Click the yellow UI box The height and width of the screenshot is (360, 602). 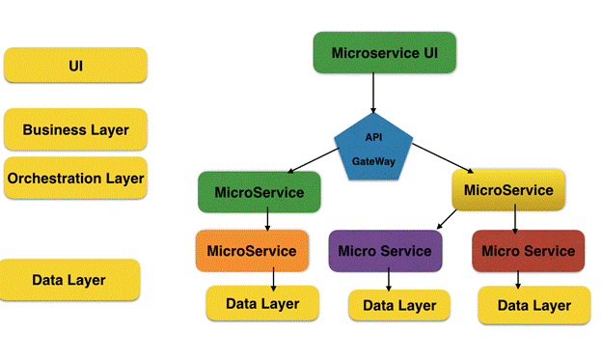pyautogui.click(x=75, y=66)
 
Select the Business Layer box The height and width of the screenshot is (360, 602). pyautogui.click(x=75, y=129)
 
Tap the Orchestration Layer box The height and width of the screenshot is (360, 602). pyautogui.click(x=75, y=179)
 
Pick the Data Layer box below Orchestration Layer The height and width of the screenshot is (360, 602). pyautogui.click(x=69, y=280)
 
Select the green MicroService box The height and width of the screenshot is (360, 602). pyautogui.click(x=259, y=192)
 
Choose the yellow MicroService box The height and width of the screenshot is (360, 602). pyautogui.click(x=508, y=190)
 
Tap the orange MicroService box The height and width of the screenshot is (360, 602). pyautogui.click(x=252, y=251)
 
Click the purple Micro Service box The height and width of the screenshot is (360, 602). pyautogui.click(x=386, y=251)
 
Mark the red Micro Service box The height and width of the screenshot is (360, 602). pyautogui.click(x=528, y=251)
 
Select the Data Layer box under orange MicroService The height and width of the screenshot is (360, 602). pyautogui.click(x=262, y=303)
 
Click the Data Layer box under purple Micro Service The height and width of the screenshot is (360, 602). pyautogui.click(x=398, y=305)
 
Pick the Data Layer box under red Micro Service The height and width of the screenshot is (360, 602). pyautogui.click(x=533, y=305)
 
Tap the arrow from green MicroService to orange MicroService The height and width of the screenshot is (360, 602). pyautogui.click(x=266, y=220)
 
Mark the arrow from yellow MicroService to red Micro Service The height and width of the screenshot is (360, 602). pyautogui.click(x=515, y=220)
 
